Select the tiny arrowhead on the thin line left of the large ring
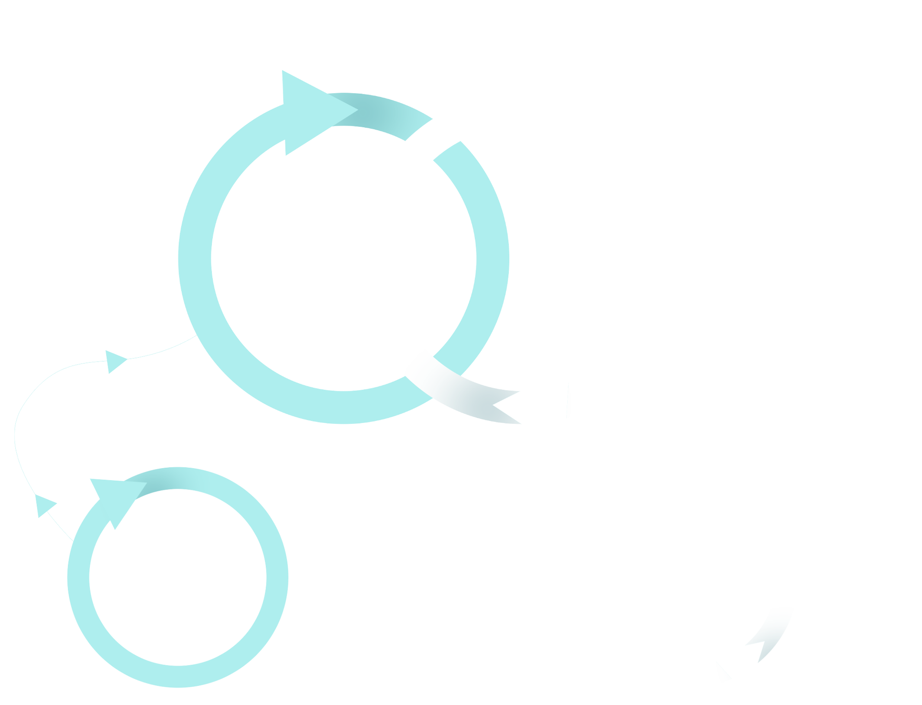point(114,361)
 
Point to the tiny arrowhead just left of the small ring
point(44,505)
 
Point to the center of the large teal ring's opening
point(343,258)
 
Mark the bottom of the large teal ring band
point(343,407)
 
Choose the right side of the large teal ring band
point(493,258)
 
